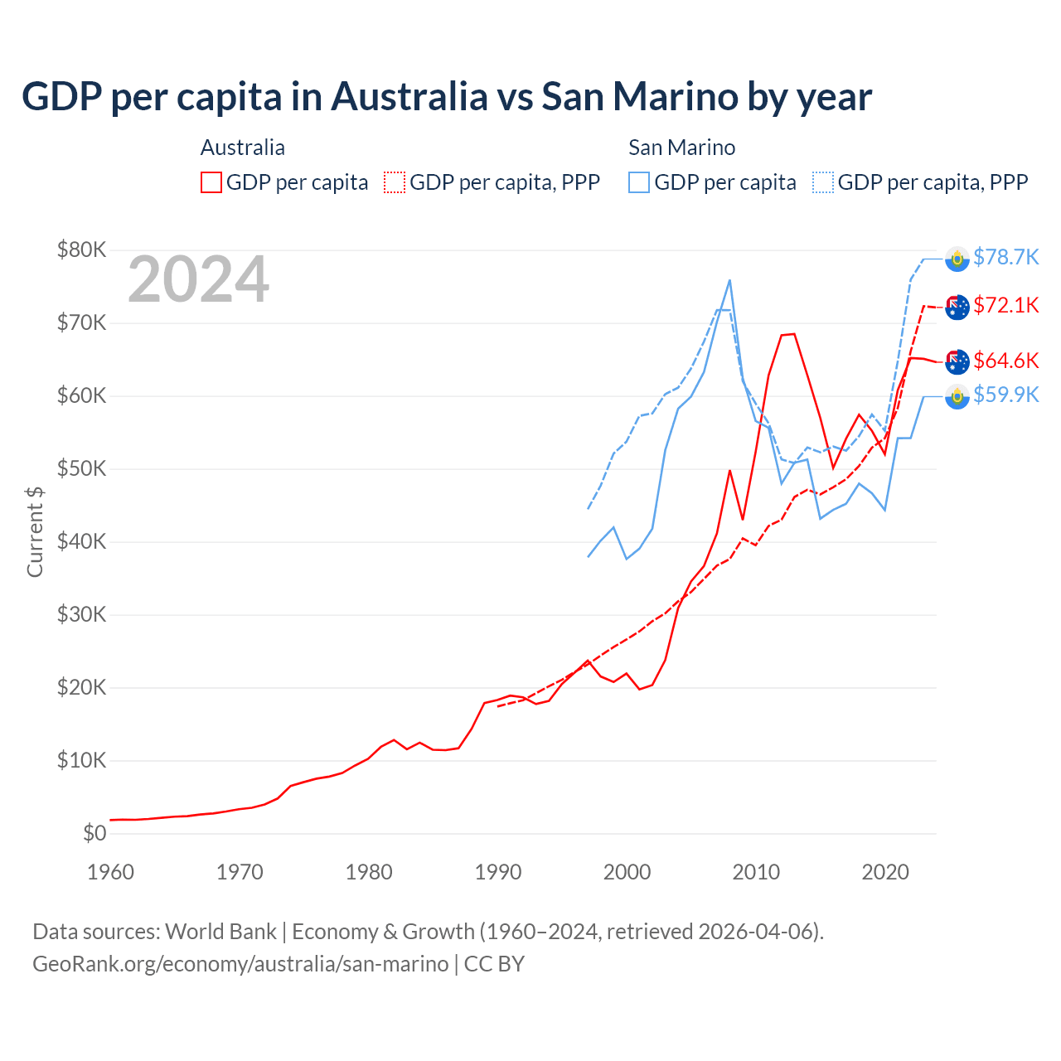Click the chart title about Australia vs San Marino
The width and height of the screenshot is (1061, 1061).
click(447, 97)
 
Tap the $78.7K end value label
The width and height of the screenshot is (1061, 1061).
click(1005, 257)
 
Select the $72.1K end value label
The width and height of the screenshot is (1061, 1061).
click(1005, 305)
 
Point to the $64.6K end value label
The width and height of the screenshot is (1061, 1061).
click(1005, 361)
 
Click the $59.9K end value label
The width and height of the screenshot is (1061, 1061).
click(1005, 395)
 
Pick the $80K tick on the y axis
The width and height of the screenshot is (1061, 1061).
click(81, 250)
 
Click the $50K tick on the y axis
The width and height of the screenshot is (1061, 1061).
click(81, 468)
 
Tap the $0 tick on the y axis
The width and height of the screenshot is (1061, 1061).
click(94, 833)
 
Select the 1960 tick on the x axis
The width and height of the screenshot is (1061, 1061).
click(110, 872)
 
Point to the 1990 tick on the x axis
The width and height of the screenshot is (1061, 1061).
click(498, 872)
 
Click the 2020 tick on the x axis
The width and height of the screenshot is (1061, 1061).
click(885, 872)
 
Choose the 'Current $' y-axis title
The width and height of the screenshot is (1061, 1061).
click(35, 531)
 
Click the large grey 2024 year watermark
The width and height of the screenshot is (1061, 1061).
click(198, 279)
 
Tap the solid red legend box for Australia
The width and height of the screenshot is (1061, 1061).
click(211, 182)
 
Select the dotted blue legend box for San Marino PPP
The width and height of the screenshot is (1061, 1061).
click(823, 182)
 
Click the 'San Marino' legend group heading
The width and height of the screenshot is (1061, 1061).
click(681, 148)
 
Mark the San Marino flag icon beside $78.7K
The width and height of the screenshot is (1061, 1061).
click(957, 259)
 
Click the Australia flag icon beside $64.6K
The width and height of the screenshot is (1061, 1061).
click(957, 361)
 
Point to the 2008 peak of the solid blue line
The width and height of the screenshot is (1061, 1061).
click(729, 280)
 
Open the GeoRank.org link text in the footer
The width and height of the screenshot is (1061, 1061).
click(240, 964)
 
